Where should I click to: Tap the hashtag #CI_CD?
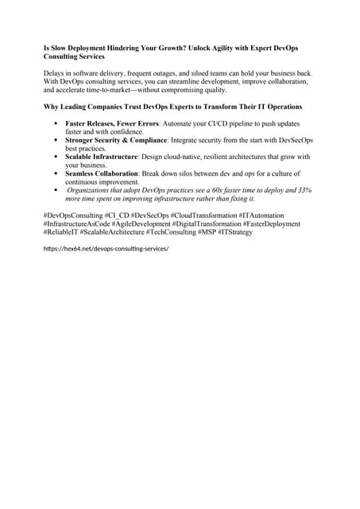coord(116,215)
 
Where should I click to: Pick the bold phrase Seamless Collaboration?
coord(102,174)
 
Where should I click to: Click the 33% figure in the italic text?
coord(304,191)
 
